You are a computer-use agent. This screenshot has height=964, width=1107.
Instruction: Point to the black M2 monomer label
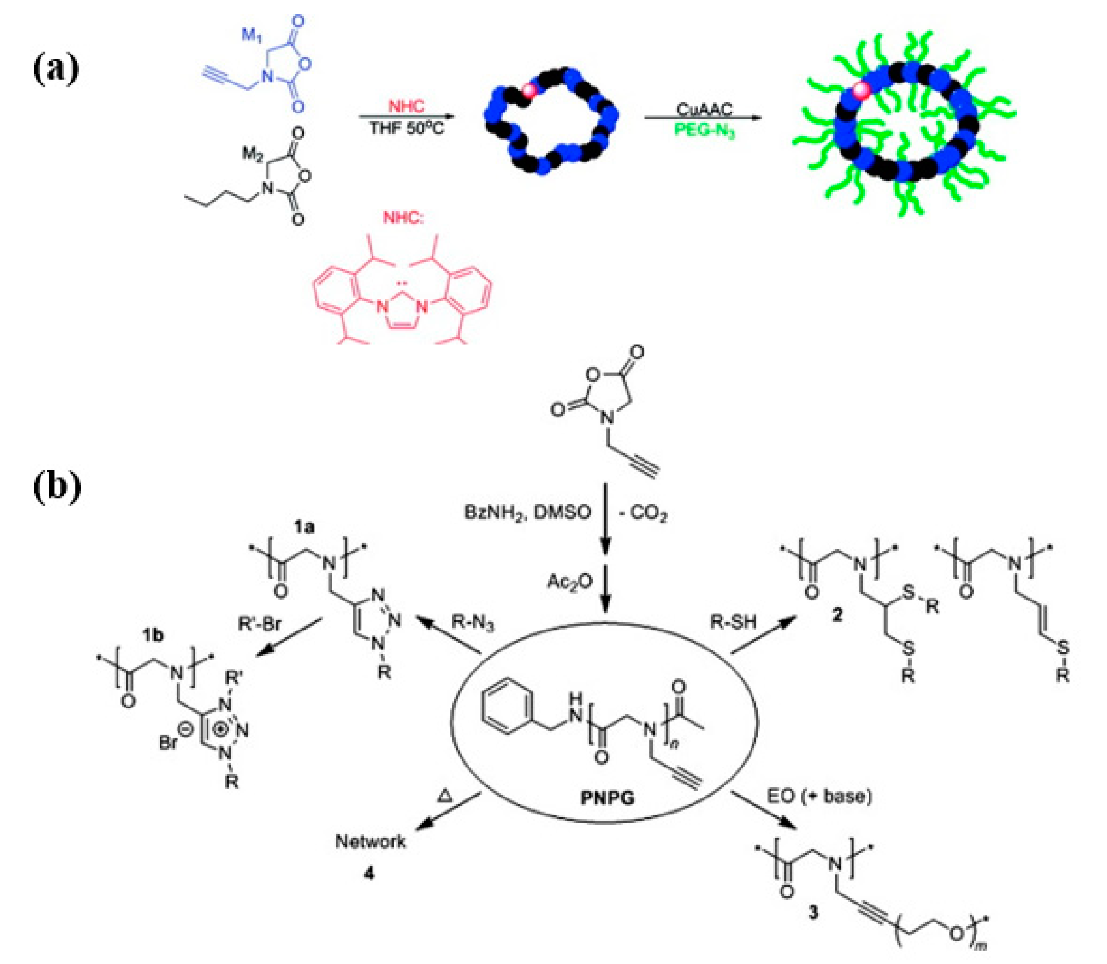point(254,154)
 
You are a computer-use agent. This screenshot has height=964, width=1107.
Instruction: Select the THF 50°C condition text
point(407,129)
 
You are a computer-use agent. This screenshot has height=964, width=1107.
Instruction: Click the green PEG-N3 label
point(704,130)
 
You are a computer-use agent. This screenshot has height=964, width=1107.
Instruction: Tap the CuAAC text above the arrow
point(704,110)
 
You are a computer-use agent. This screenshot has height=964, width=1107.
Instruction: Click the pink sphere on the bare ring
point(530,90)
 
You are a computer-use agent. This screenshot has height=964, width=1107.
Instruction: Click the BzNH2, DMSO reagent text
point(527,512)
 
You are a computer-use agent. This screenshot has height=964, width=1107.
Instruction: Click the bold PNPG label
point(608,797)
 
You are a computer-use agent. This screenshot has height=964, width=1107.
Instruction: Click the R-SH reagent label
point(734,622)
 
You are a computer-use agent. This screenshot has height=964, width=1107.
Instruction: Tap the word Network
point(370,841)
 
